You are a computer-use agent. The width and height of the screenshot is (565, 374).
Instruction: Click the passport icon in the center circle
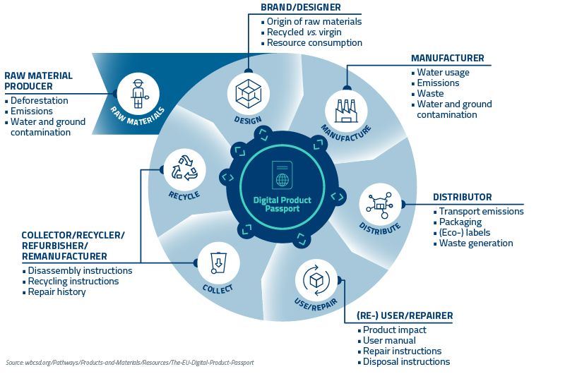tap(282, 174)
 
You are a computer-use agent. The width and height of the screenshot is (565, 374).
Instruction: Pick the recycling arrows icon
tap(184, 169)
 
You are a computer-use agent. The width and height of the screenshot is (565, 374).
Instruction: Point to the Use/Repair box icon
tap(317, 281)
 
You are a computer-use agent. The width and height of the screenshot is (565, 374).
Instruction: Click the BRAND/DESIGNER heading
tap(301, 8)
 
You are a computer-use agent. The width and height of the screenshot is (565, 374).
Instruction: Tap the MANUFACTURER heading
tap(448, 58)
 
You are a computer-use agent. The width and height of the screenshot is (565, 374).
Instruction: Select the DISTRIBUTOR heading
tap(462, 197)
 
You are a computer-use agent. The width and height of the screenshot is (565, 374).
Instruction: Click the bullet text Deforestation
tap(40, 100)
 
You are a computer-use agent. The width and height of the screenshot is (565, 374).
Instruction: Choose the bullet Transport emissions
tap(482, 211)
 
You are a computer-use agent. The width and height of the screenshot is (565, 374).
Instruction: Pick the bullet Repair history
tap(57, 291)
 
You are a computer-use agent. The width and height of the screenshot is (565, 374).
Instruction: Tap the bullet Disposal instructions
tap(406, 361)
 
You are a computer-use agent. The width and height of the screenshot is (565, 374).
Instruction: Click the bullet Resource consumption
tap(314, 42)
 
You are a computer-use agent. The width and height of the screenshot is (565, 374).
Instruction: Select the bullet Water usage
tap(443, 72)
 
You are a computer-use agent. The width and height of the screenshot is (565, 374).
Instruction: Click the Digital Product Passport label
tap(282, 205)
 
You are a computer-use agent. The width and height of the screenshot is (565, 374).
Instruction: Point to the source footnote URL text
tap(130, 362)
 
